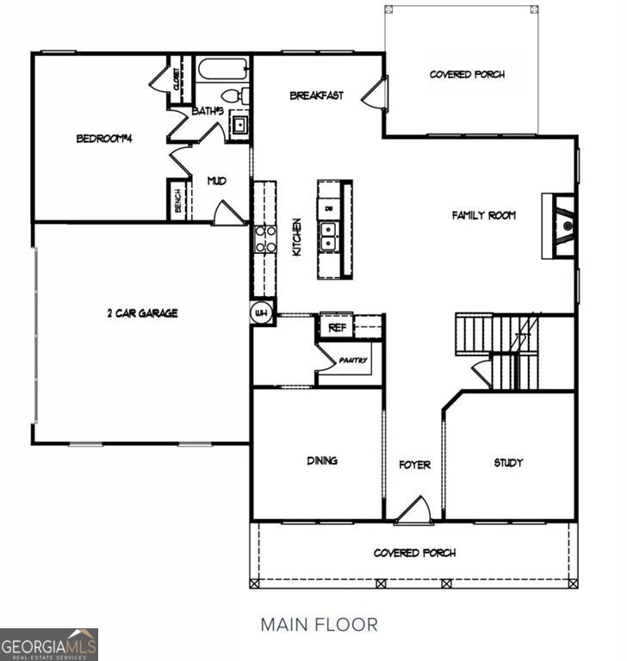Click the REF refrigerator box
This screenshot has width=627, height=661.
[336, 327]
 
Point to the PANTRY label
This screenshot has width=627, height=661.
[352, 360]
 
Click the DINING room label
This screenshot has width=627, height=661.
[322, 460]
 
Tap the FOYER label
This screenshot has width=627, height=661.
[414, 465]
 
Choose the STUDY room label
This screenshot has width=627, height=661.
[508, 462]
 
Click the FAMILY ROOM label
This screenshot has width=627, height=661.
[483, 215]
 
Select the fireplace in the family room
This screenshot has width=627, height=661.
[562, 225]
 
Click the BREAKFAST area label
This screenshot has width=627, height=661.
[316, 96]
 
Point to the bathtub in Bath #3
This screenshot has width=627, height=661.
[223, 69]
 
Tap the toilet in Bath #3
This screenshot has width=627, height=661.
[234, 96]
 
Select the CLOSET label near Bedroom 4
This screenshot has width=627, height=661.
[177, 79]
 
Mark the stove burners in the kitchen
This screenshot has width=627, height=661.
[264, 239]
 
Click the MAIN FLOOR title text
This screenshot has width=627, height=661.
[319, 624]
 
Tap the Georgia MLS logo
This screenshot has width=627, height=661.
[49, 644]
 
